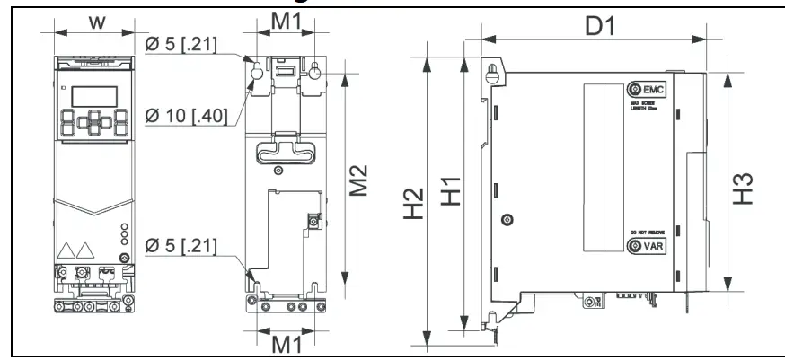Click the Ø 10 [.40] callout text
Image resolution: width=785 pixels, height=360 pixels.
pos(184,115)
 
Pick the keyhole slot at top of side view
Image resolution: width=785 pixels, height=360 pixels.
pos(491,75)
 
